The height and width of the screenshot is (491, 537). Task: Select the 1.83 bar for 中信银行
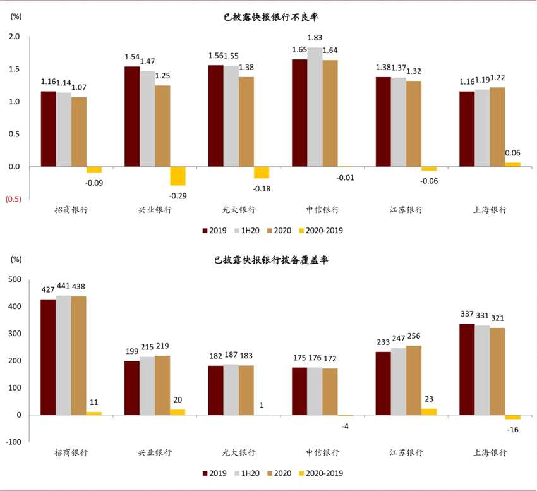pos(314,107)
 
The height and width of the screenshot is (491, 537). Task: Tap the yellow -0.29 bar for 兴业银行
pos(178,176)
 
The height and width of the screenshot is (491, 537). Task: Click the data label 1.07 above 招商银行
pos(80,87)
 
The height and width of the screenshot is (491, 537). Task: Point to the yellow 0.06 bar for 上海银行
pos(512,164)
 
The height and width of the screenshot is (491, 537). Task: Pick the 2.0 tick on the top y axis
pos(15,37)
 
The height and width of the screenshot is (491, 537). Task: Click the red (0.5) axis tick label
pos(14,199)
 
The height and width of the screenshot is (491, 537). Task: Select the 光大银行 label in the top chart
pos(238,210)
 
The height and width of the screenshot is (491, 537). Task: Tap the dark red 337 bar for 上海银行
pos(467,369)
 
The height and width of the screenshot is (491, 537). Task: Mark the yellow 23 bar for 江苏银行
pos(429,411)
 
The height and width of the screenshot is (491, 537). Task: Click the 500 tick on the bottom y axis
pos(13,279)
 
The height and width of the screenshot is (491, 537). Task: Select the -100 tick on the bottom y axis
pos(13,442)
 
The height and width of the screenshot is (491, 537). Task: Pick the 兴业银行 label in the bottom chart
pos(155,452)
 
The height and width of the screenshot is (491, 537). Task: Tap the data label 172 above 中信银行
pos(330,358)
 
